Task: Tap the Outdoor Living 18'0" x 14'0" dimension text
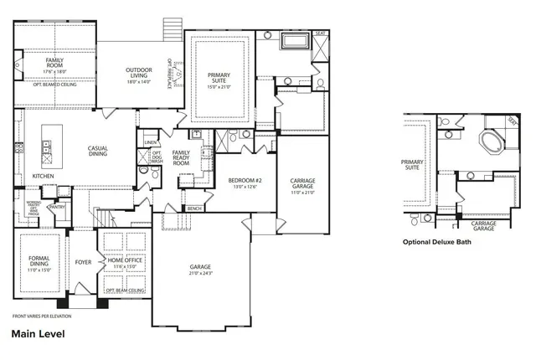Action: coord(138,82)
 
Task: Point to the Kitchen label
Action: coord(43,177)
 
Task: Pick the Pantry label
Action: coord(58,206)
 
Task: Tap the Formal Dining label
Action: coord(39,261)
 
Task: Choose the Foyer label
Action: coord(83,262)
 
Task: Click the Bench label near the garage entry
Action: coord(195,208)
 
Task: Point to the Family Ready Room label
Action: coord(181,158)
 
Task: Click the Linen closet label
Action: coord(151,142)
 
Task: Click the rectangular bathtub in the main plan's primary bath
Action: coord(295,40)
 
